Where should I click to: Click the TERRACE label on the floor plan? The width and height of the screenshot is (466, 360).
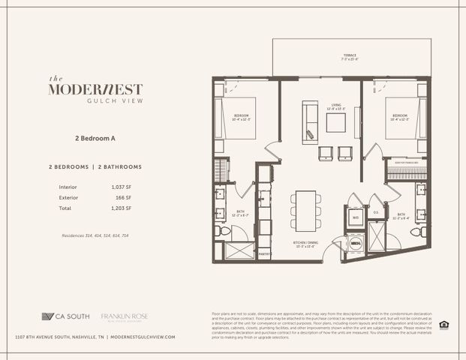350,56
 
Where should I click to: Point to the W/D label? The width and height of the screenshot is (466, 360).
356,218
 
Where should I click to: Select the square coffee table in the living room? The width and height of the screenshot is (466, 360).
335,122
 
